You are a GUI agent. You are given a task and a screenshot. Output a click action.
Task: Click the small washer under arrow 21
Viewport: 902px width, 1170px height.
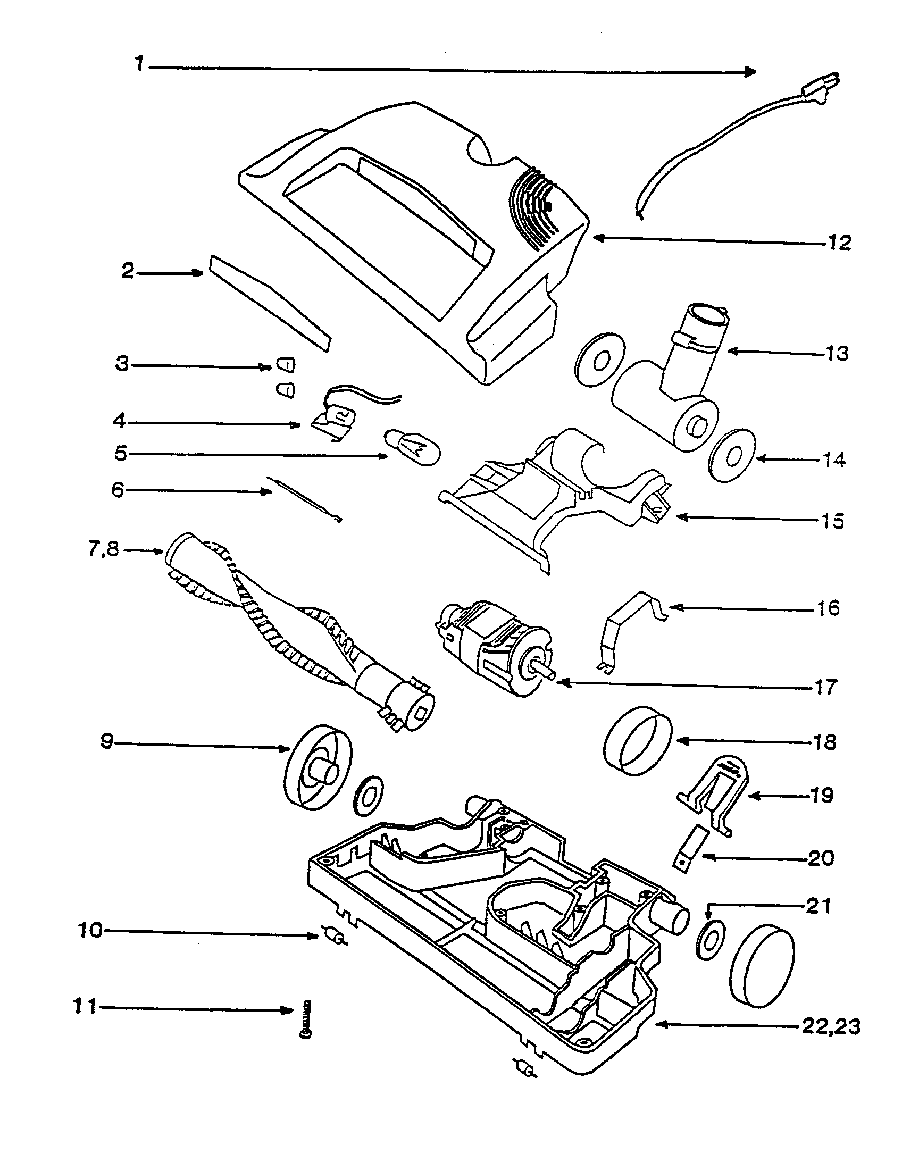tap(709, 941)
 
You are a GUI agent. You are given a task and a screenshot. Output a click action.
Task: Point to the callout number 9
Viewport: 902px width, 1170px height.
tap(106, 742)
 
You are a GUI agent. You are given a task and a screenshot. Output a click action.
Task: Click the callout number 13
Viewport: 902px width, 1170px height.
tap(837, 354)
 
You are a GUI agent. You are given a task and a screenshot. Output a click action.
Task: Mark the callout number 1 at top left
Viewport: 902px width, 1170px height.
tap(139, 64)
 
